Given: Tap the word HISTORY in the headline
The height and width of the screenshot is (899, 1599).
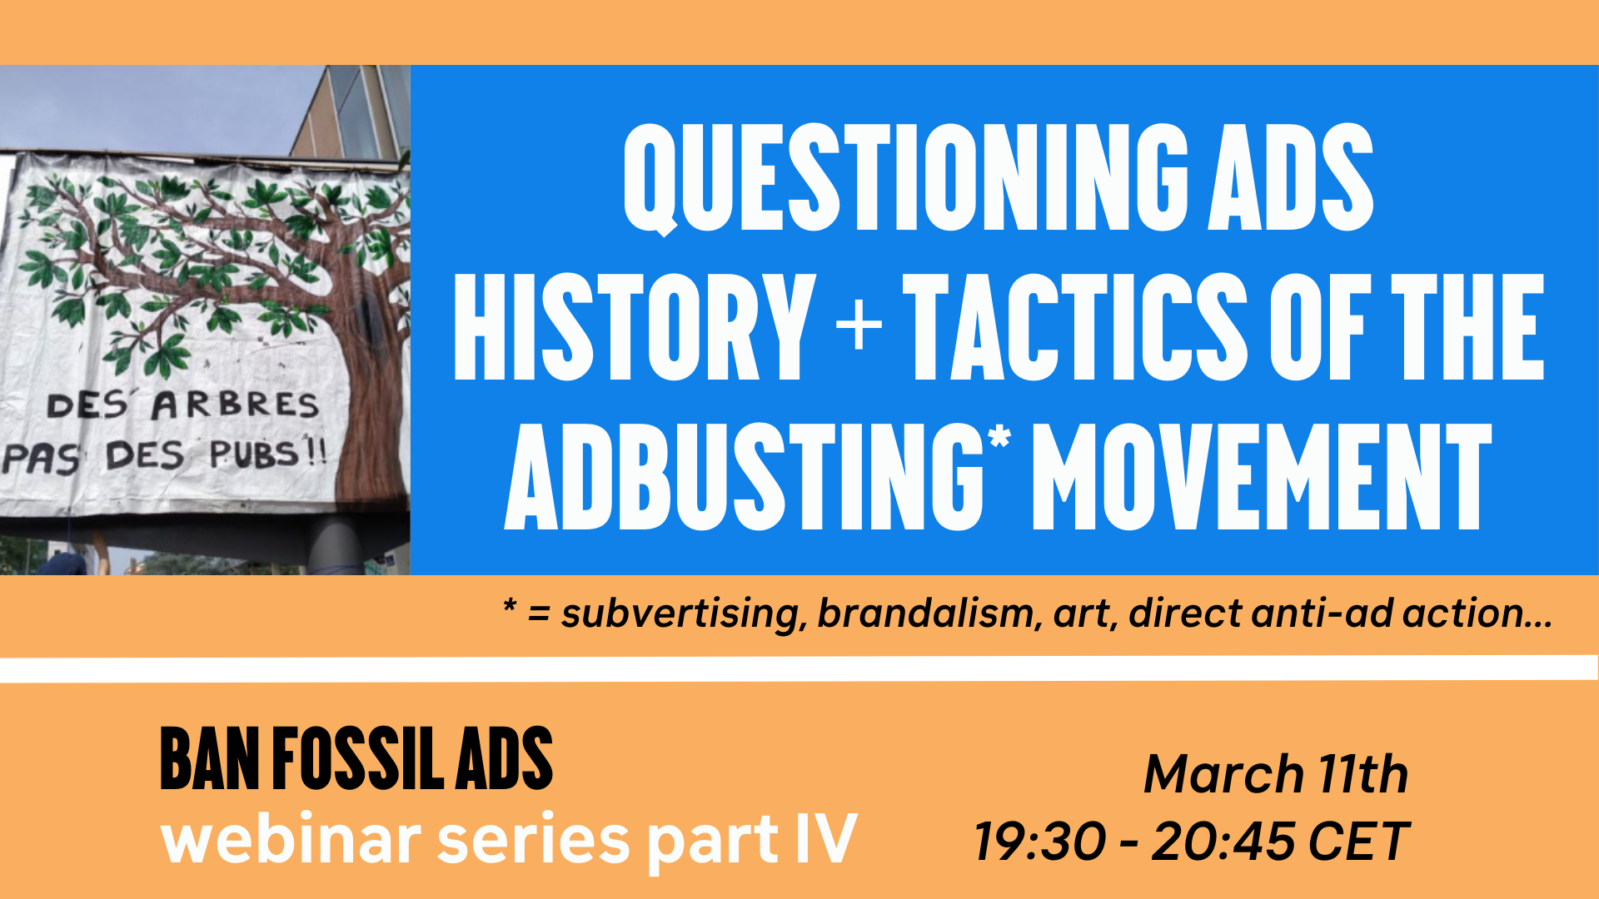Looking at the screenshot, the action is [634, 326].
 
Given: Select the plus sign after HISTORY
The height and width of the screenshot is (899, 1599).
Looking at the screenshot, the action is [859, 325].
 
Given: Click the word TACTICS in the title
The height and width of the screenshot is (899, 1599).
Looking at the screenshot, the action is [1075, 326].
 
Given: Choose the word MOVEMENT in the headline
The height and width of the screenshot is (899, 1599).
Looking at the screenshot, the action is [1263, 476].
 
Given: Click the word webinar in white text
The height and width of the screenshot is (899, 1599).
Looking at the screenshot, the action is [291, 839].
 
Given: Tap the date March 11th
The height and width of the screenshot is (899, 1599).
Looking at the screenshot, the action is [1276, 774].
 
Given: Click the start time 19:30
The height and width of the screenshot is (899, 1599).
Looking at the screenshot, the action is [1040, 841].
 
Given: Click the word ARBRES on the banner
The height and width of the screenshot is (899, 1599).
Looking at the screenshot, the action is [235, 405].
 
